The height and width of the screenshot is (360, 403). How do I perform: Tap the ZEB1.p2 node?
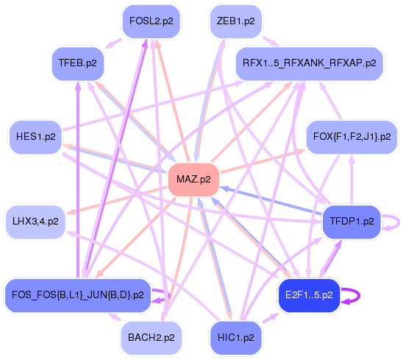[233, 21]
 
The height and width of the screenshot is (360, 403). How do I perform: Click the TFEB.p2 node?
[78, 63]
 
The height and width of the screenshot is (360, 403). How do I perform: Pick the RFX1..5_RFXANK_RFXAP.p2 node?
[309, 63]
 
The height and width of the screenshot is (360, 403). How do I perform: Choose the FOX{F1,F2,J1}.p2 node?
[352, 137]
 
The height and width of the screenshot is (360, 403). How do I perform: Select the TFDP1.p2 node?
[352, 220]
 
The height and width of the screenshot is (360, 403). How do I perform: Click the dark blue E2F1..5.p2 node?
[309, 295]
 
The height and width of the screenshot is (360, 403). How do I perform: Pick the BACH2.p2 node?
[151, 337]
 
